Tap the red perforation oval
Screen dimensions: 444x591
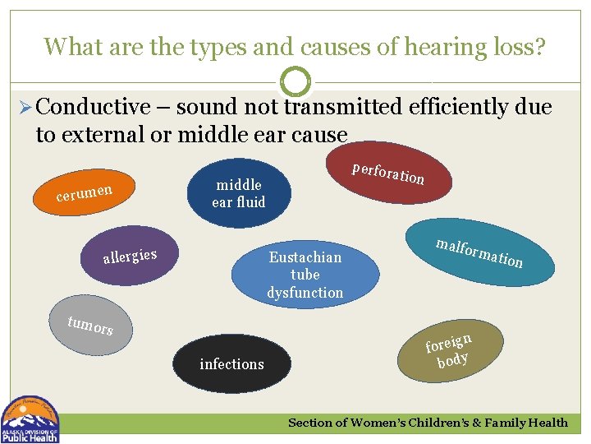[387, 173]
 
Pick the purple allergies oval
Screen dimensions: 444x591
[130, 257]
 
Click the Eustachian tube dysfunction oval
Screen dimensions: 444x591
[305, 275]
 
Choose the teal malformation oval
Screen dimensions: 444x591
[479, 252]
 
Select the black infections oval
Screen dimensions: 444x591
[232, 363]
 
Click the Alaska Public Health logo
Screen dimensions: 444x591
[30, 419]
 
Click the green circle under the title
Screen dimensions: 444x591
[295, 83]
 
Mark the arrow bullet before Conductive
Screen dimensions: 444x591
[24, 108]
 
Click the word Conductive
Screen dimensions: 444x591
[94, 107]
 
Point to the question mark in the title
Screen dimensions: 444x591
[539, 46]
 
